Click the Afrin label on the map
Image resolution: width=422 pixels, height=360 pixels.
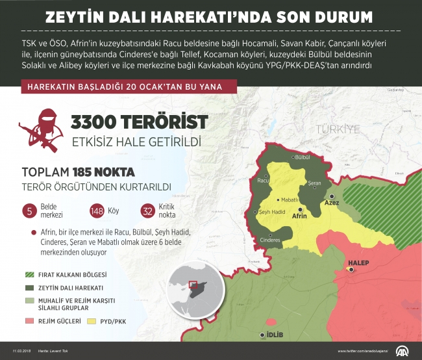299,215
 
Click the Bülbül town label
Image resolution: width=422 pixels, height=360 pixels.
302,157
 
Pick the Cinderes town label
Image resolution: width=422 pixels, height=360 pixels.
270,239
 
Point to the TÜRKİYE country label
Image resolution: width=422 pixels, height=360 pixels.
336,129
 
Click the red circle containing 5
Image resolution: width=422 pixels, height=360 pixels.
29,210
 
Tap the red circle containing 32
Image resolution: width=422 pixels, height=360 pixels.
147,210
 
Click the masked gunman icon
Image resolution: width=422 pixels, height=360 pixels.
40,130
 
